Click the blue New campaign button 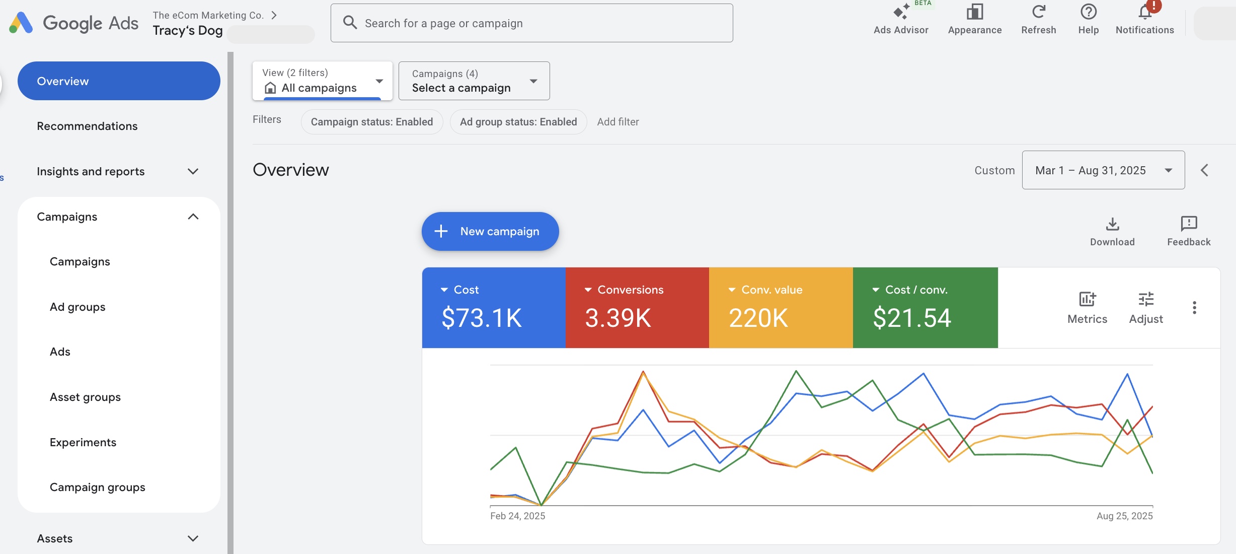pyautogui.click(x=490, y=231)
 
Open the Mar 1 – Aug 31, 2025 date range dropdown pyautogui.click(x=1103, y=170)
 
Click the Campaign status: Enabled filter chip pyautogui.click(x=372, y=122)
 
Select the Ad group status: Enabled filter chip pyautogui.click(x=518, y=122)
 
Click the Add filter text pyautogui.click(x=618, y=122)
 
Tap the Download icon pyautogui.click(x=1113, y=224)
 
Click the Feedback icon pyautogui.click(x=1189, y=223)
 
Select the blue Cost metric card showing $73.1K pyautogui.click(x=494, y=308)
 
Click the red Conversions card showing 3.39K pyautogui.click(x=637, y=308)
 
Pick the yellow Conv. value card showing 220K pyautogui.click(x=781, y=308)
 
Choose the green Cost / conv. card pyautogui.click(x=925, y=308)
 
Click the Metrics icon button pyautogui.click(x=1088, y=299)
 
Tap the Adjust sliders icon pyautogui.click(x=1146, y=299)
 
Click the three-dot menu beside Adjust pyautogui.click(x=1194, y=308)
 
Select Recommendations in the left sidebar pyautogui.click(x=87, y=126)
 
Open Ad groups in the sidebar pyautogui.click(x=78, y=307)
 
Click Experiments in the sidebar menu pyautogui.click(x=83, y=442)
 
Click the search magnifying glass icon pyautogui.click(x=350, y=23)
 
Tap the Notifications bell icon pyautogui.click(x=1145, y=11)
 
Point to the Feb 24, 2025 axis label pyautogui.click(x=518, y=516)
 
